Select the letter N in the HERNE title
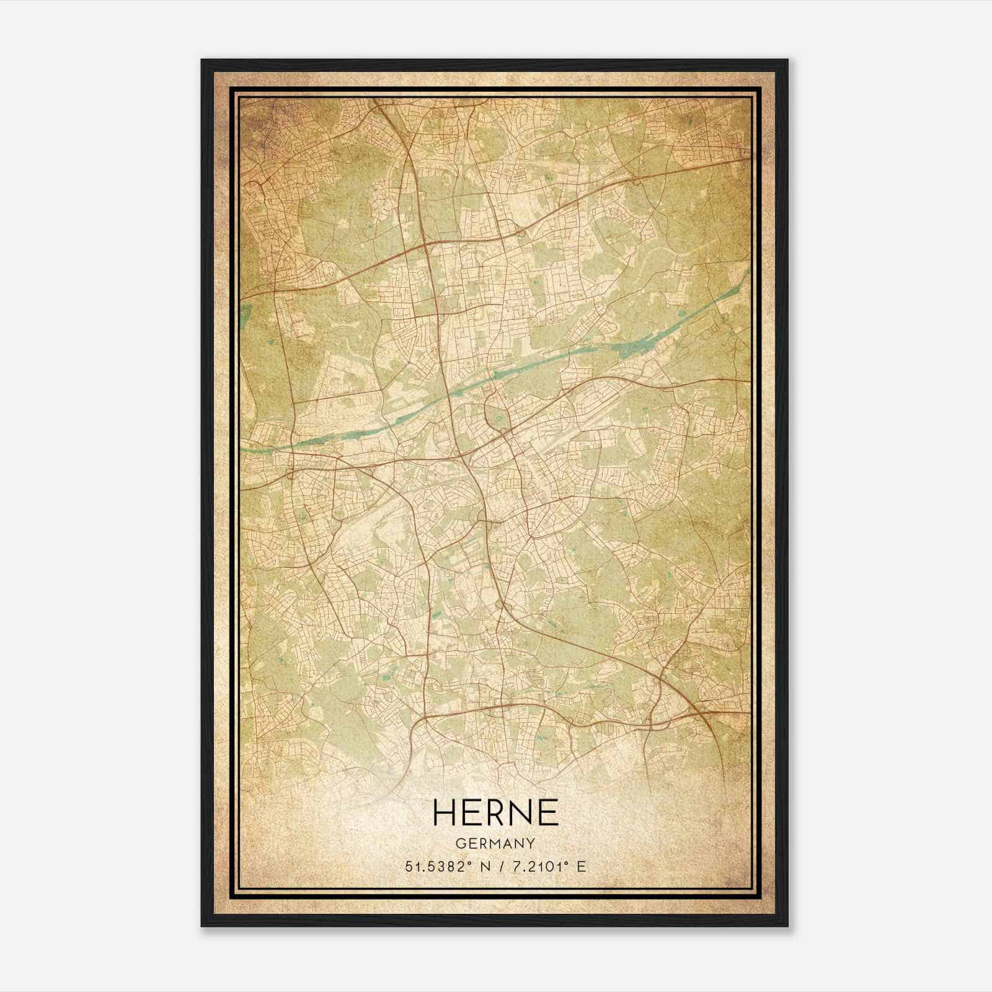(523, 812)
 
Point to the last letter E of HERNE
(548, 812)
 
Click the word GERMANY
(496, 843)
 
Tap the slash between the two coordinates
(498, 866)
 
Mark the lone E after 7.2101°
(581, 866)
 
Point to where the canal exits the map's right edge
(748, 272)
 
